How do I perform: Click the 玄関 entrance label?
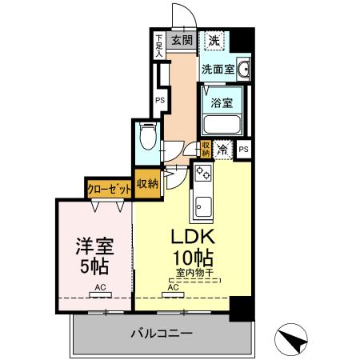[x=182, y=40]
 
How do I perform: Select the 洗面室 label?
[x=217, y=69]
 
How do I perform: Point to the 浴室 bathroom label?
[x=222, y=102]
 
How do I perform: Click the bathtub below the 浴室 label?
[x=222, y=125]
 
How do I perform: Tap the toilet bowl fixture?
[x=147, y=136]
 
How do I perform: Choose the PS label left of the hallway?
[x=160, y=100]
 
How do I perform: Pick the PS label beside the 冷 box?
[x=243, y=149]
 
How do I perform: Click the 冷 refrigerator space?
[x=223, y=148]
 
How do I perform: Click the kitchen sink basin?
[x=202, y=206]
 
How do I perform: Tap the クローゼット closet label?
[x=110, y=189]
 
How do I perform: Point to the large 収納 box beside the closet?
[x=147, y=183]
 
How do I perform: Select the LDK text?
[x=192, y=238]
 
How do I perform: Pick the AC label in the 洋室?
[x=101, y=286]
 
